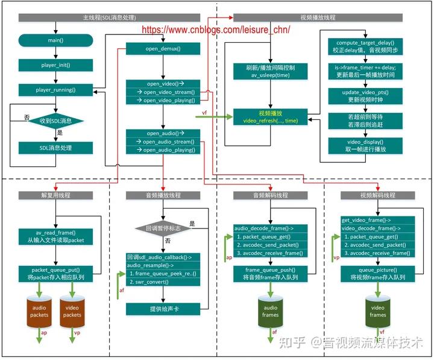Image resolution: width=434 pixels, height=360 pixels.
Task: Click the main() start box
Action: [55, 40]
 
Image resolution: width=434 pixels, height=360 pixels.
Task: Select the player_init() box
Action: [55, 65]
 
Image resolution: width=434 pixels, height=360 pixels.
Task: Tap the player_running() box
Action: [55, 90]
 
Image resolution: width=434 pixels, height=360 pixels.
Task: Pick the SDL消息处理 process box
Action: [55, 148]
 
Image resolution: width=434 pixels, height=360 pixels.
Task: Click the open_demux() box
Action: [163, 48]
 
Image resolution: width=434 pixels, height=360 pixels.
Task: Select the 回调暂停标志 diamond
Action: [163, 229]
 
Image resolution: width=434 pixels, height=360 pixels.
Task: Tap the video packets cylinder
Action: [72, 311]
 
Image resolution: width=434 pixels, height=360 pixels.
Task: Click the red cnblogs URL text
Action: [216, 28]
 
